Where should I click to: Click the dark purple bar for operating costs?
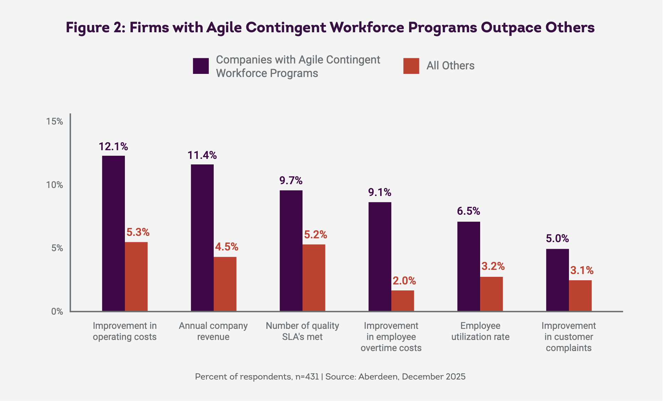(x=113, y=233)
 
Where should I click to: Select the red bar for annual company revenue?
(x=225, y=284)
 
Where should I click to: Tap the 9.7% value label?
(x=291, y=181)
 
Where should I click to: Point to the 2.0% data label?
(x=404, y=281)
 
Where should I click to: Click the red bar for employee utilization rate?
(x=491, y=294)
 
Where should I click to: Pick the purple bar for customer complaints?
(x=557, y=280)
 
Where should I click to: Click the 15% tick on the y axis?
(x=55, y=121)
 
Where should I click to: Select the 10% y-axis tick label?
(x=55, y=185)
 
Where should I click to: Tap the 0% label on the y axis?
(x=57, y=312)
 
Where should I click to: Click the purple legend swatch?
(x=201, y=66)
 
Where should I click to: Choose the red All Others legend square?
(x=411, y=66)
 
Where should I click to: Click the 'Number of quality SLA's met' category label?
(x=302, y=331)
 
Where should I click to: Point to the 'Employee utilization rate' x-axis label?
(x=480, y=331)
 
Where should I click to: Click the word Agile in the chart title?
(x=224, y=28)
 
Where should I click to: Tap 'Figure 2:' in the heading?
(x=95, y=28)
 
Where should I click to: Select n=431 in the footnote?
(x=307, y=377)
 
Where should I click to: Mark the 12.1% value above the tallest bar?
(x=113, y=147)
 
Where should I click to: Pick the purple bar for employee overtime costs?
(x=380, y=256)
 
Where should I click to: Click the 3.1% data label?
(x=582, y=271)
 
